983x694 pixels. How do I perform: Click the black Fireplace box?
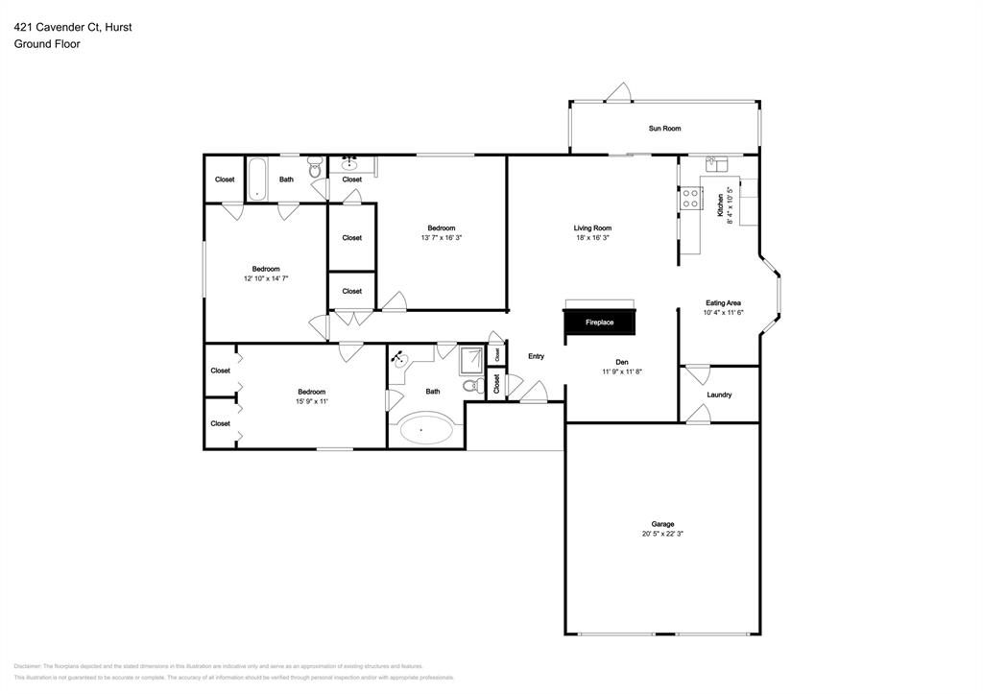point(599,323)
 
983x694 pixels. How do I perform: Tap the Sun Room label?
point(664,129)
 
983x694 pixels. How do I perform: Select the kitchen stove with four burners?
point(689,199)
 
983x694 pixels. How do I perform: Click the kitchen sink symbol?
point(716,164)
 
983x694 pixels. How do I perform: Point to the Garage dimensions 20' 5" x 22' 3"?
point(662,534)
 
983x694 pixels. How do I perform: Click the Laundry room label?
point(719,395)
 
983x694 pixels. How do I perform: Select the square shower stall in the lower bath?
point(471,359)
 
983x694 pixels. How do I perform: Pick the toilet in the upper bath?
point(317,173)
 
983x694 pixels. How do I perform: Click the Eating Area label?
point(723,303)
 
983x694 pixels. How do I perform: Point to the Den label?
point(621,362)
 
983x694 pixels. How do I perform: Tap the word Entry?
point(536,357)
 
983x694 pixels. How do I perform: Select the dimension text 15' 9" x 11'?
point(312,401)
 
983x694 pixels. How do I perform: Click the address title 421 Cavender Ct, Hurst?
point(73,28)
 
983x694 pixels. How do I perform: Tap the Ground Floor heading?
point(47,44)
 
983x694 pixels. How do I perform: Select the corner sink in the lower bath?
point(399,358)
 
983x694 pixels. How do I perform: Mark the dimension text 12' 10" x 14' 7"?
point(266,278)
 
